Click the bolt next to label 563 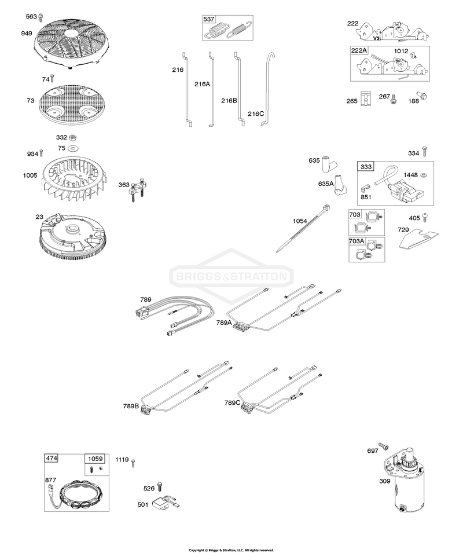[x=41, y=17]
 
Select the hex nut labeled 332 [x=73, y=137]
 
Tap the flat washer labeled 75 [x=74, y=148]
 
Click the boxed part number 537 [x=209, y=19]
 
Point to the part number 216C [x=256, y=113]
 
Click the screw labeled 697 [x=383, y=446]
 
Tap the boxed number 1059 [x=95, y=459]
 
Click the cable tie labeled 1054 [x=303, y=229]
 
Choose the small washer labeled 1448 [x=424, y=174]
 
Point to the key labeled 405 [x=425, y=217]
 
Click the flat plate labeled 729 [x=420, y=238]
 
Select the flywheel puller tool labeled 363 [x=137, y=189]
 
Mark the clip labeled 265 [x=366, y=98]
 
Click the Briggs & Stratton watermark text [x=231, y=276]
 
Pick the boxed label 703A [x=357, y=241]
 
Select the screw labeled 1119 [x=133, y=463]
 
